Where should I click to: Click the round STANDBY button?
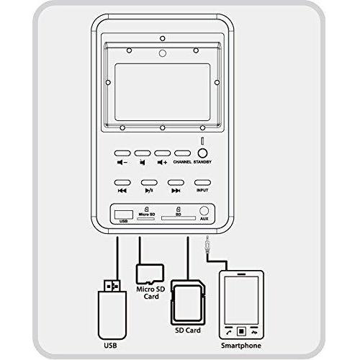tap(202, 153)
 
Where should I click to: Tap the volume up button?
tap(163, 153)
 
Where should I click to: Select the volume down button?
tap(122, 153)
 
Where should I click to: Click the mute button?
tap(143, 153)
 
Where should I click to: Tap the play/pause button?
tap(149, 183)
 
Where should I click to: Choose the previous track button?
tap(122, 183)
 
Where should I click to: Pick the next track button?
tap(176, 183)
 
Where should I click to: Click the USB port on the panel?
tap(124, 215)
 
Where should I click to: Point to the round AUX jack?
tap(204, 211)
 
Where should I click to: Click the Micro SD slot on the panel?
tap(145, 219)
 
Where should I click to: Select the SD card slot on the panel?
tap(179, 218)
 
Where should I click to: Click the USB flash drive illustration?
tap(112, 310)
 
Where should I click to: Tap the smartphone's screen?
tap(241, 300)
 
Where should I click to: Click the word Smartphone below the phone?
tap(241, 346)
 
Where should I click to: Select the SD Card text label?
tap(188, 330)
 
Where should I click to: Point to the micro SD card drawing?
tap(150, 274)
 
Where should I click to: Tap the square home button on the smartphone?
tap(241, 331)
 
